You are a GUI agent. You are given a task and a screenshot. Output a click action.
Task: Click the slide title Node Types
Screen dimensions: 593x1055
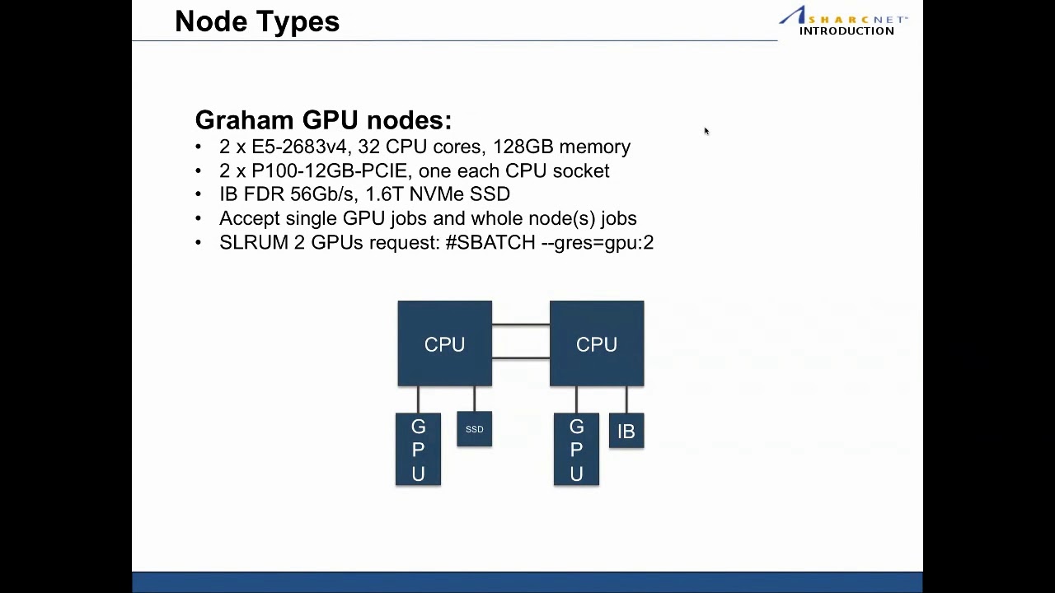256,21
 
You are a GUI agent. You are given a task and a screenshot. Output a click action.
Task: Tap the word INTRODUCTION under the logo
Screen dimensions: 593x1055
846,31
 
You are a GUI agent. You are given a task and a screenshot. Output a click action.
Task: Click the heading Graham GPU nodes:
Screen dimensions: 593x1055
323,120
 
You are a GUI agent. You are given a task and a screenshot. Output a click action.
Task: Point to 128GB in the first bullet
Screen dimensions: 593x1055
523,147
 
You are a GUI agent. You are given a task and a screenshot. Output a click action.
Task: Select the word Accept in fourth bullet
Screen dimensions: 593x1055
249,218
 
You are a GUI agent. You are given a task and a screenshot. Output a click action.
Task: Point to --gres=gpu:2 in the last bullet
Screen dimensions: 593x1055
598,242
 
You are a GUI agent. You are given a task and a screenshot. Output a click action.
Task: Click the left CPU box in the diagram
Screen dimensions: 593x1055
444,344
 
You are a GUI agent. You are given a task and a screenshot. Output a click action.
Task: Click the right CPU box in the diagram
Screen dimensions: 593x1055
596,344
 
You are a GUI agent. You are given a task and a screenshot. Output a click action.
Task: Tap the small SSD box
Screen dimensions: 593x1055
474,429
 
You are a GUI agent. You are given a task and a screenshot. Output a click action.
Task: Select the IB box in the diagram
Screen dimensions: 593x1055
626,432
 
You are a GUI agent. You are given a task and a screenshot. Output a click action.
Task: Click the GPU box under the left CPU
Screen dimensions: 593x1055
418,450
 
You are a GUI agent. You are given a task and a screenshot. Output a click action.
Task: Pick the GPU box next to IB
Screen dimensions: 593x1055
576,450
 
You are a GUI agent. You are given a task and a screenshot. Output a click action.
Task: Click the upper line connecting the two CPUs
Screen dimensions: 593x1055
521,325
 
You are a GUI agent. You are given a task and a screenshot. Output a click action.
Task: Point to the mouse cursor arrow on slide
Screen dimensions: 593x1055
706,131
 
